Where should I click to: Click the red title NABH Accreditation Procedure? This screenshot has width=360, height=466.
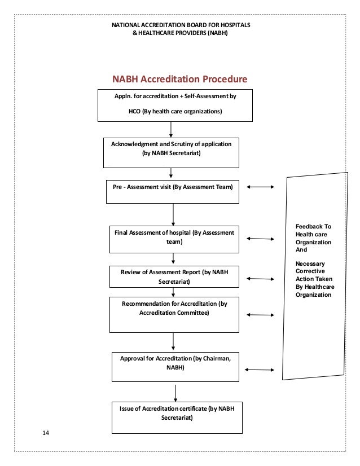click(180, 79)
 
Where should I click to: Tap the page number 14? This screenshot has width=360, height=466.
click(46, 433)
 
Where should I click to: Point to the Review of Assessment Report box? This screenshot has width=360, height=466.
click(174, 276)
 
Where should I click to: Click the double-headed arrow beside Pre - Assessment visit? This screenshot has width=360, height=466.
click(260, 187)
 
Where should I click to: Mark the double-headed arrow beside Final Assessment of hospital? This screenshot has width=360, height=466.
click(260, 239)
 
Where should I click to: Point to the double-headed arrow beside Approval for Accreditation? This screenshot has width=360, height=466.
click(260, 370)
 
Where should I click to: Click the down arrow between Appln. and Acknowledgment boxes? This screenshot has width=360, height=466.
click(171, 129)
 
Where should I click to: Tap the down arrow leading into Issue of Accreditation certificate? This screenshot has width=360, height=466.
click(176, 393)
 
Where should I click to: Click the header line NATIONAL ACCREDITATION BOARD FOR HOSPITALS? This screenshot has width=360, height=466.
click(181, 25)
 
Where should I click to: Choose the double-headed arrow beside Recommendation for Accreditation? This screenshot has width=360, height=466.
click(260, 315)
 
